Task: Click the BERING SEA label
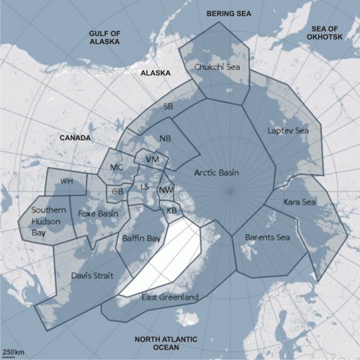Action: [x=229, y=13]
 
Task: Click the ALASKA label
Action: [x=155, y=73]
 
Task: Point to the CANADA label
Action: [x=76, y=137]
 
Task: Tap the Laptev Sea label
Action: [x=287, y=131]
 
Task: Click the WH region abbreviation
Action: [x=67, y=181]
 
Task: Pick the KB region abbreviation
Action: [x=171, y=210]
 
